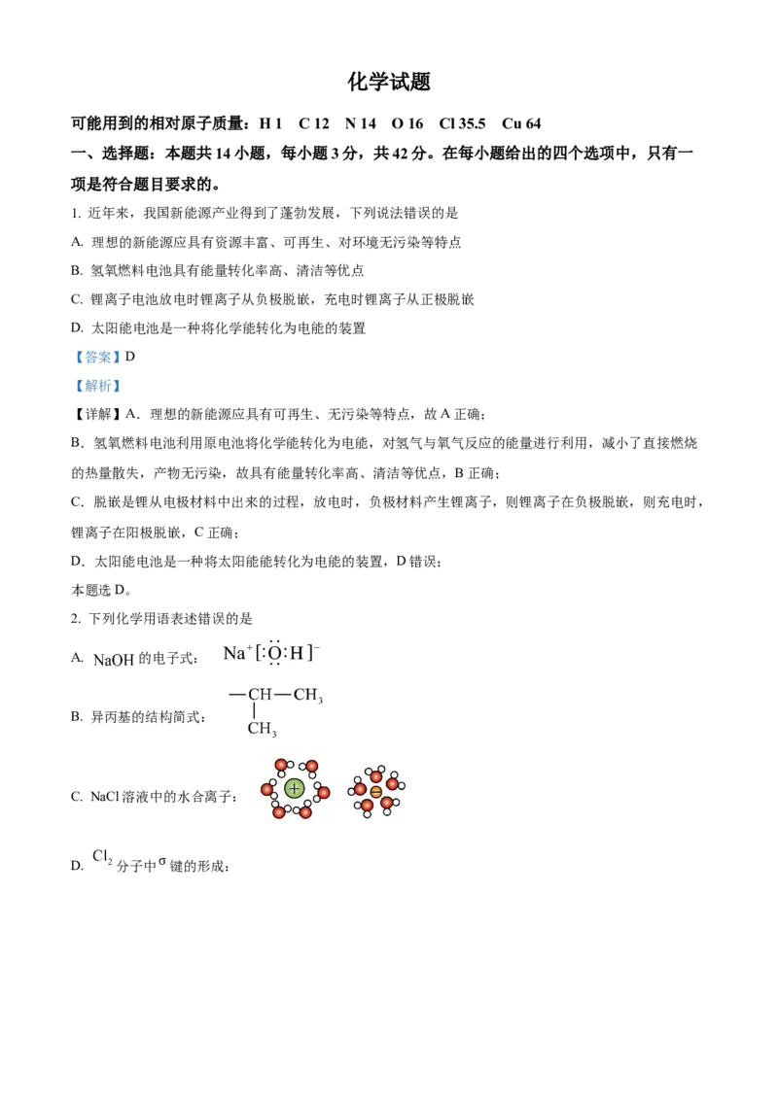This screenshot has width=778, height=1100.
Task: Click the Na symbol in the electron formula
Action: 233,654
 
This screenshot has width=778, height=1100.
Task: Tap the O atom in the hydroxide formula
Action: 274,654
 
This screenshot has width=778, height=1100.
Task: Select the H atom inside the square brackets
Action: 297,654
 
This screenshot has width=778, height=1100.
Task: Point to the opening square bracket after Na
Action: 258,654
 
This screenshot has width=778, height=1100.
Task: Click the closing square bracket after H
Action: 310,654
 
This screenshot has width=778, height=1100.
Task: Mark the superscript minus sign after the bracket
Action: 317,646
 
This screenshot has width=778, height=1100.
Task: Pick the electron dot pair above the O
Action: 274,641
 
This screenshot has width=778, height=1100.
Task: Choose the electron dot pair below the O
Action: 274,666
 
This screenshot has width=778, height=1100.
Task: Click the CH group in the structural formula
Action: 260,696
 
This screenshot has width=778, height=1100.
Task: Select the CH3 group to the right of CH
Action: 307,697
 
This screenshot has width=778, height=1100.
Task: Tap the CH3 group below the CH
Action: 262,729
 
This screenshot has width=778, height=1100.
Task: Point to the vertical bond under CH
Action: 255,711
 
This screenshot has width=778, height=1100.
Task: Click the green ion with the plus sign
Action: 294,789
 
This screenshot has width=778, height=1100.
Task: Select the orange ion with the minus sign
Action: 376,792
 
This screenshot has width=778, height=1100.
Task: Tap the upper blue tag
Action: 97,358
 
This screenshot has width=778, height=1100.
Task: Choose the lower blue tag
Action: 97,386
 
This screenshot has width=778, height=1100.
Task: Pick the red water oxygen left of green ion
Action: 267,789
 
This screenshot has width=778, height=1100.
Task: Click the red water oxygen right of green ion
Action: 323,793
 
